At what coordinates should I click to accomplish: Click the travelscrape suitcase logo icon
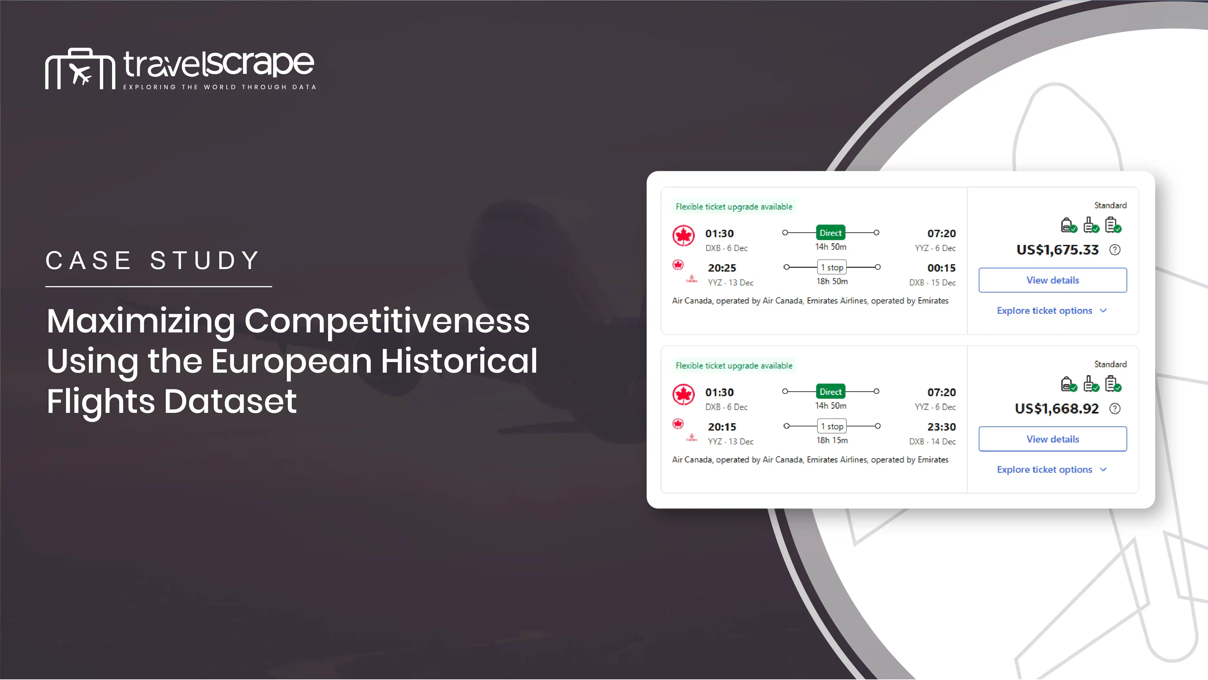pos(80,69)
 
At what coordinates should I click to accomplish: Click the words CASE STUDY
pos(153,261)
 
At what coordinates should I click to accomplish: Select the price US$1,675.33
pos(1057,250)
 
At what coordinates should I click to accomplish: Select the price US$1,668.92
pos(1057,409)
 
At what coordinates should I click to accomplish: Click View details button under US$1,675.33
pos(1053,280)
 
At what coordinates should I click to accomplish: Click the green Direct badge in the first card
pos(831,233)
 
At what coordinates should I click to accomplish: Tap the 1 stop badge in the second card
pos(832,426)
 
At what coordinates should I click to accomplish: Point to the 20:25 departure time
pos(722,268)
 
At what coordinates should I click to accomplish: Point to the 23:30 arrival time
pos(941,427)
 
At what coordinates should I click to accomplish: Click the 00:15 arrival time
pos(941,268)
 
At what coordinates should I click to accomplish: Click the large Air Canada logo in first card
pos(683,236)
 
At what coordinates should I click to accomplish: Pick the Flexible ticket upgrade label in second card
pos(734,366)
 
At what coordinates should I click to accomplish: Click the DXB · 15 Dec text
pos(932,283)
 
